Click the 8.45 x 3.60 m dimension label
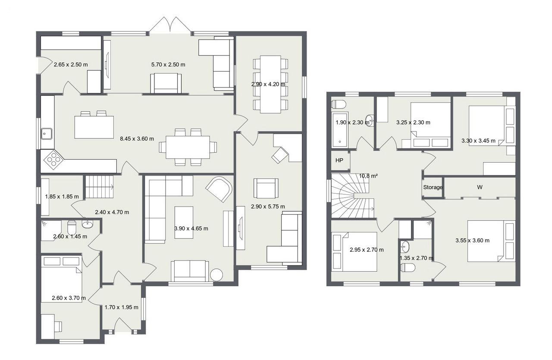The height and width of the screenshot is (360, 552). pos(137,139)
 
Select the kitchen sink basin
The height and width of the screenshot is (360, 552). pos(47,134)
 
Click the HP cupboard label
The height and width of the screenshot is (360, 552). pos(339,160)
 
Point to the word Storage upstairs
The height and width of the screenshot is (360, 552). pos(433,187)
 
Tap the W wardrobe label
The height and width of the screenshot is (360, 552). pos(480,187)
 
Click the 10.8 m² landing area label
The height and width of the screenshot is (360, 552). pos(368,176)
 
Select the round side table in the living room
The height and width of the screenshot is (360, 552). pos(216,274)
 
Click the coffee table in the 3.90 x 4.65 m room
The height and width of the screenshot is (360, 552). pos(184,222)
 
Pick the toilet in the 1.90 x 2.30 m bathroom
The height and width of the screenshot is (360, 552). pos(339,104)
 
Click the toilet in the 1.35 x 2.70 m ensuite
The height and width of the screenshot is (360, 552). pos(408,268)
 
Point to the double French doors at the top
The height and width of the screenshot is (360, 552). pos(170,25)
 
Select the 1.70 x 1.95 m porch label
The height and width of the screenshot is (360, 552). pos(122,307)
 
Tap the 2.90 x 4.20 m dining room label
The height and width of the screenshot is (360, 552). pos(268,84)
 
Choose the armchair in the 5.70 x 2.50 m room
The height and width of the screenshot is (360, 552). pos(166,83)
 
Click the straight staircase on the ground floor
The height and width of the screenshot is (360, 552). pos(99,187)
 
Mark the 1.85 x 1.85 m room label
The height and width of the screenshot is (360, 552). pos(62,197)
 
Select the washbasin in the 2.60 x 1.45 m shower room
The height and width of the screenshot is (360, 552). pos(88,224)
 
